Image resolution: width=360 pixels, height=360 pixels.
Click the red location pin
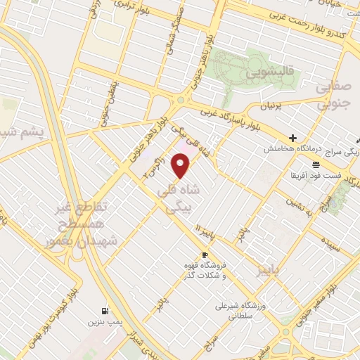point(182,166)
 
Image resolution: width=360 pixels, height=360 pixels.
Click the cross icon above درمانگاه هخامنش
point(292,138)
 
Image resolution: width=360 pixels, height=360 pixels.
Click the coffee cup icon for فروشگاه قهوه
point(205,255)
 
